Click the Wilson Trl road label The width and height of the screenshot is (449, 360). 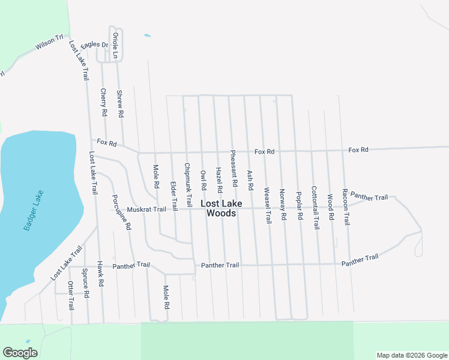click(x=49, y=43)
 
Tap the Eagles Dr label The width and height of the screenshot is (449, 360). click(x=94, y=44)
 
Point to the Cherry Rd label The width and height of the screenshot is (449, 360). click(x=103, y=102)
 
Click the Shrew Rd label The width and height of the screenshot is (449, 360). click(x=119, y=103)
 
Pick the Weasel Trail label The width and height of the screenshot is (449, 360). click(x=268, y=205)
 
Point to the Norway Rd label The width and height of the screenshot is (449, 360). click(x=283, y=205)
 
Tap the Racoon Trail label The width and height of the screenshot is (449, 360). click(x=346, y=206)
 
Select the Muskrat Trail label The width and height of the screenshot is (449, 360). click(x=146, y=209)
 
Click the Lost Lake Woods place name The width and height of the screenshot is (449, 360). click(x=221, y=208)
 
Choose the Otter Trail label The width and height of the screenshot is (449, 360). click(x=71, y=295)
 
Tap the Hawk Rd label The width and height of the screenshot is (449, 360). click(x=101, y=274)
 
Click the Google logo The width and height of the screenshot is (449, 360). click(x=20, y=353)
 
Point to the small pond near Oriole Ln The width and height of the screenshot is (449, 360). click(x=148, y=35)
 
